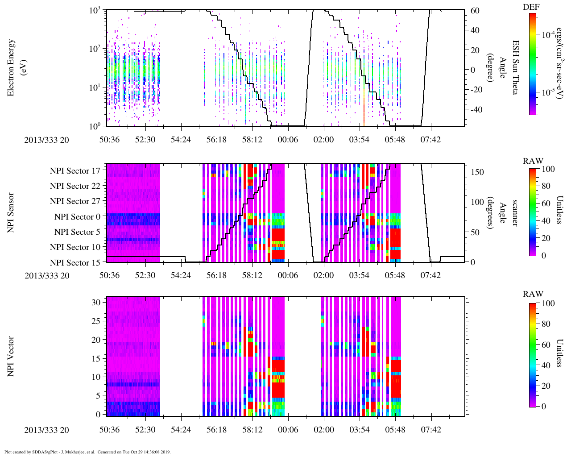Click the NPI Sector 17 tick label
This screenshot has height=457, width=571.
(75, 170)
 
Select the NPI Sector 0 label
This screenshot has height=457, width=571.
(77, 216)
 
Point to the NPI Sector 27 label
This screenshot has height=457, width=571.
(75, 201)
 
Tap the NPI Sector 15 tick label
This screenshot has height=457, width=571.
(75, 262)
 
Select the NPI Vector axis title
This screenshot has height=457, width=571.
(11, 357)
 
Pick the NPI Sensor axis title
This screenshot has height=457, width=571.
(11, 212)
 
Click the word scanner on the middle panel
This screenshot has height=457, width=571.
(514, 213)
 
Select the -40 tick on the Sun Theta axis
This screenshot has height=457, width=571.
(475, 109)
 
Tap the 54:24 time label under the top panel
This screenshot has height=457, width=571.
(181, 140)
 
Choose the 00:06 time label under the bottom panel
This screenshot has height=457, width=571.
(288, 430)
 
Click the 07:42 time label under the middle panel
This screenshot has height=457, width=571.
(430, 275)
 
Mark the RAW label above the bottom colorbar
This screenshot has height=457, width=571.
(533, 294)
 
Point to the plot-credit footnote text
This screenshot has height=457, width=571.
(87, 452)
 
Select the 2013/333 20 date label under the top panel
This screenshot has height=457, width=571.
(47, 140)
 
